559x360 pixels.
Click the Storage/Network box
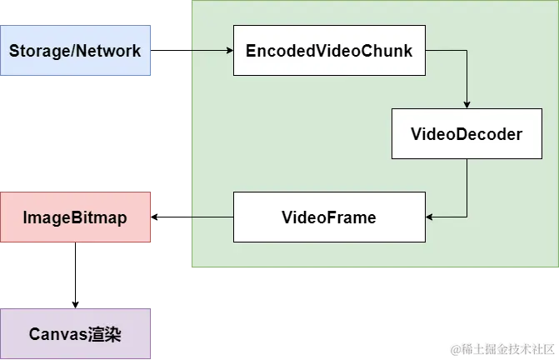click(76, 51)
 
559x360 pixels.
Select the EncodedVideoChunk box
click(329, 51)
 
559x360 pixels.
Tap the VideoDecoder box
click(467, 133)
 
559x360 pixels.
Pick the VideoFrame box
click(329, 217)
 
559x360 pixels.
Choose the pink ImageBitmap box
click(76, 217)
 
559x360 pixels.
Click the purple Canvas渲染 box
click(76, 334)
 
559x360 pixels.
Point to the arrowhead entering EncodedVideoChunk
click(229, 51)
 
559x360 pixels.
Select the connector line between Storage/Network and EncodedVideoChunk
click(192, 51)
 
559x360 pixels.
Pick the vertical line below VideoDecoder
click(467, 187)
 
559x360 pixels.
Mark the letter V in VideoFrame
click(287, 217)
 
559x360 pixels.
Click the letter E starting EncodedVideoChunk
click(251, 51)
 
